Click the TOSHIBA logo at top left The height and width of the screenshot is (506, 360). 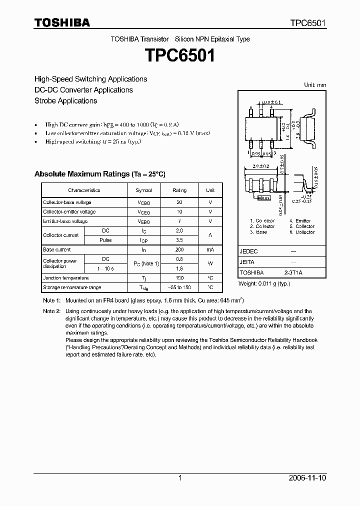click(x=62, y=22)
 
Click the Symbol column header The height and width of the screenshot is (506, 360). click(x=143, y=190)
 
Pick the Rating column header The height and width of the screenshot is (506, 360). click(x=179, y=190)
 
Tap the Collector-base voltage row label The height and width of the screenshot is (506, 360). click(x=67, y=202)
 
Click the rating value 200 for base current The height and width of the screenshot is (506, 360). click(x=179, y=249)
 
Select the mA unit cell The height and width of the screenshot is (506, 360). click(x=210, y=249)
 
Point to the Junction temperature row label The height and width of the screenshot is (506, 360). click(x=65, y=278)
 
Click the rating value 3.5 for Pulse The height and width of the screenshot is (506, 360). click(x=179, y=240)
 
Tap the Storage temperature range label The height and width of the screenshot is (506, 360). click(x=72, y=287)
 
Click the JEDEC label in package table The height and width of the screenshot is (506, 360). click(x=249, y=251)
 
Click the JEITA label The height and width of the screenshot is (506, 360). click(x=247, y=262)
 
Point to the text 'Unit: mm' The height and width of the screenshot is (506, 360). click(x=315, y=85)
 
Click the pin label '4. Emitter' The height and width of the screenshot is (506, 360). click(x=300, y=220)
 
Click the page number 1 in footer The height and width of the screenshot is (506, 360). click(x=180, y=478)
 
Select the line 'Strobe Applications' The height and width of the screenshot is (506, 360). click(x=65, y=100)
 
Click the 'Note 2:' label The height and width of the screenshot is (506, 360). click(x=51, y=311)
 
